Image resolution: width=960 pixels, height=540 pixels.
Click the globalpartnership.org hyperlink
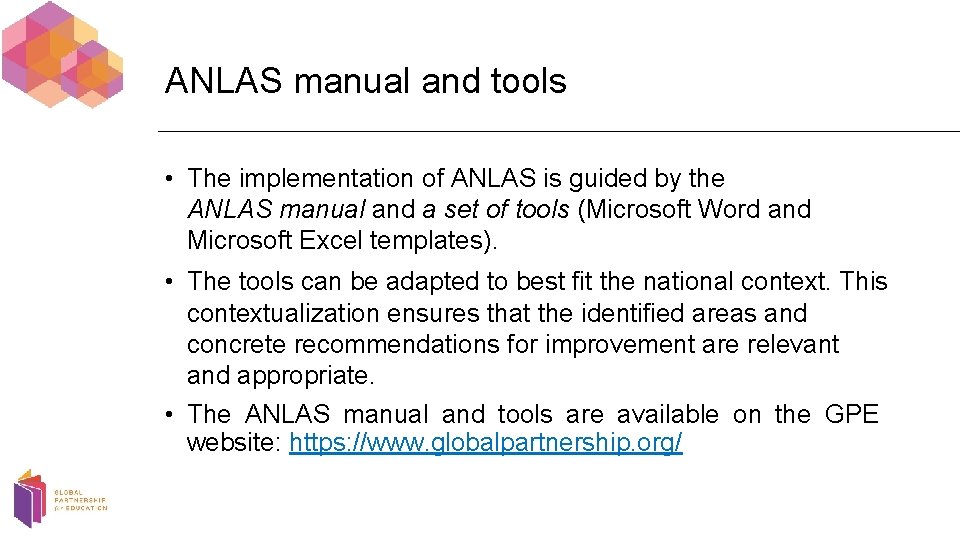coord(486,443)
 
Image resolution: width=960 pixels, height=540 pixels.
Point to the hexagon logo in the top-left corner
coord(62,55)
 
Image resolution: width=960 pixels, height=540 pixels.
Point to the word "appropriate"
coord(305,375)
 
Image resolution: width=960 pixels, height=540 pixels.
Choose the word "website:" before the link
coord(234,443)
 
